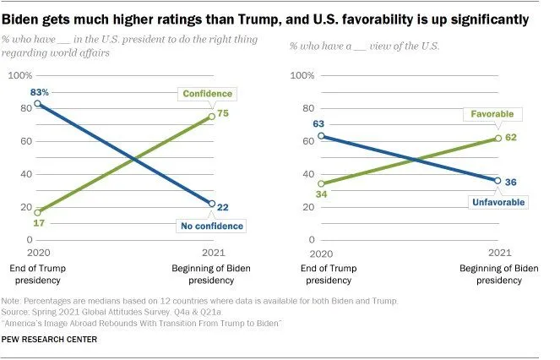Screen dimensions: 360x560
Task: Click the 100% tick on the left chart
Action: tap(19, 76)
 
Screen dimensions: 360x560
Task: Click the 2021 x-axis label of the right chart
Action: tap(499, 253)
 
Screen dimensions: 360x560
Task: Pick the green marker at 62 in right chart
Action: tap(497, 139)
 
